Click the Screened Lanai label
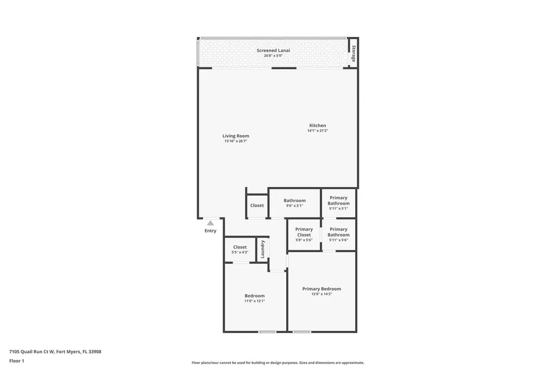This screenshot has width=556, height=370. coord(273,50)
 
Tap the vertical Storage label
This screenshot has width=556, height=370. coord(353,53)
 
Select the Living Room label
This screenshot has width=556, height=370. coord(236,136)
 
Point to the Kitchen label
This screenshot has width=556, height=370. coord(318,125)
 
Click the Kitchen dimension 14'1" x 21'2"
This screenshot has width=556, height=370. coord(318,131)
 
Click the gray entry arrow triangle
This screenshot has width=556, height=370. coord(210,222)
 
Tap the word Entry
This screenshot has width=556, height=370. coord(210,231)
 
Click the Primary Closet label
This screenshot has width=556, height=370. coord(304,232)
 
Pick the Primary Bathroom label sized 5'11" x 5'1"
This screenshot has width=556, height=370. coord(338,201)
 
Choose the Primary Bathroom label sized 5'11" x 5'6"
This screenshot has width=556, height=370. coord(338,232)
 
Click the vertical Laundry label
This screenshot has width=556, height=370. coord(263,249)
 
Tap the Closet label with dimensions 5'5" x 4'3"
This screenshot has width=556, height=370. coord(240,247)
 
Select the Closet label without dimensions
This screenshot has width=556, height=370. coord(257,205)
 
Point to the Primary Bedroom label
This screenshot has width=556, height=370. coord(321,289)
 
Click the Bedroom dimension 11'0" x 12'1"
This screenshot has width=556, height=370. coord(255,301)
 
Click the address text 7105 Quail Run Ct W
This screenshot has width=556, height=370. coord(32,352)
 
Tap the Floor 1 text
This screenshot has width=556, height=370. coord(17,360)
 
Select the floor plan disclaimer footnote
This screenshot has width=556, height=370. coord(277,362)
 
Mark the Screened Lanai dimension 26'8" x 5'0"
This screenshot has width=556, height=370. coord(273,55)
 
